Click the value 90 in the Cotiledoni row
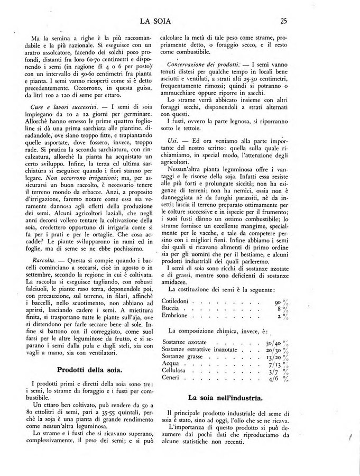[278, 301]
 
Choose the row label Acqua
[170, 364]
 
